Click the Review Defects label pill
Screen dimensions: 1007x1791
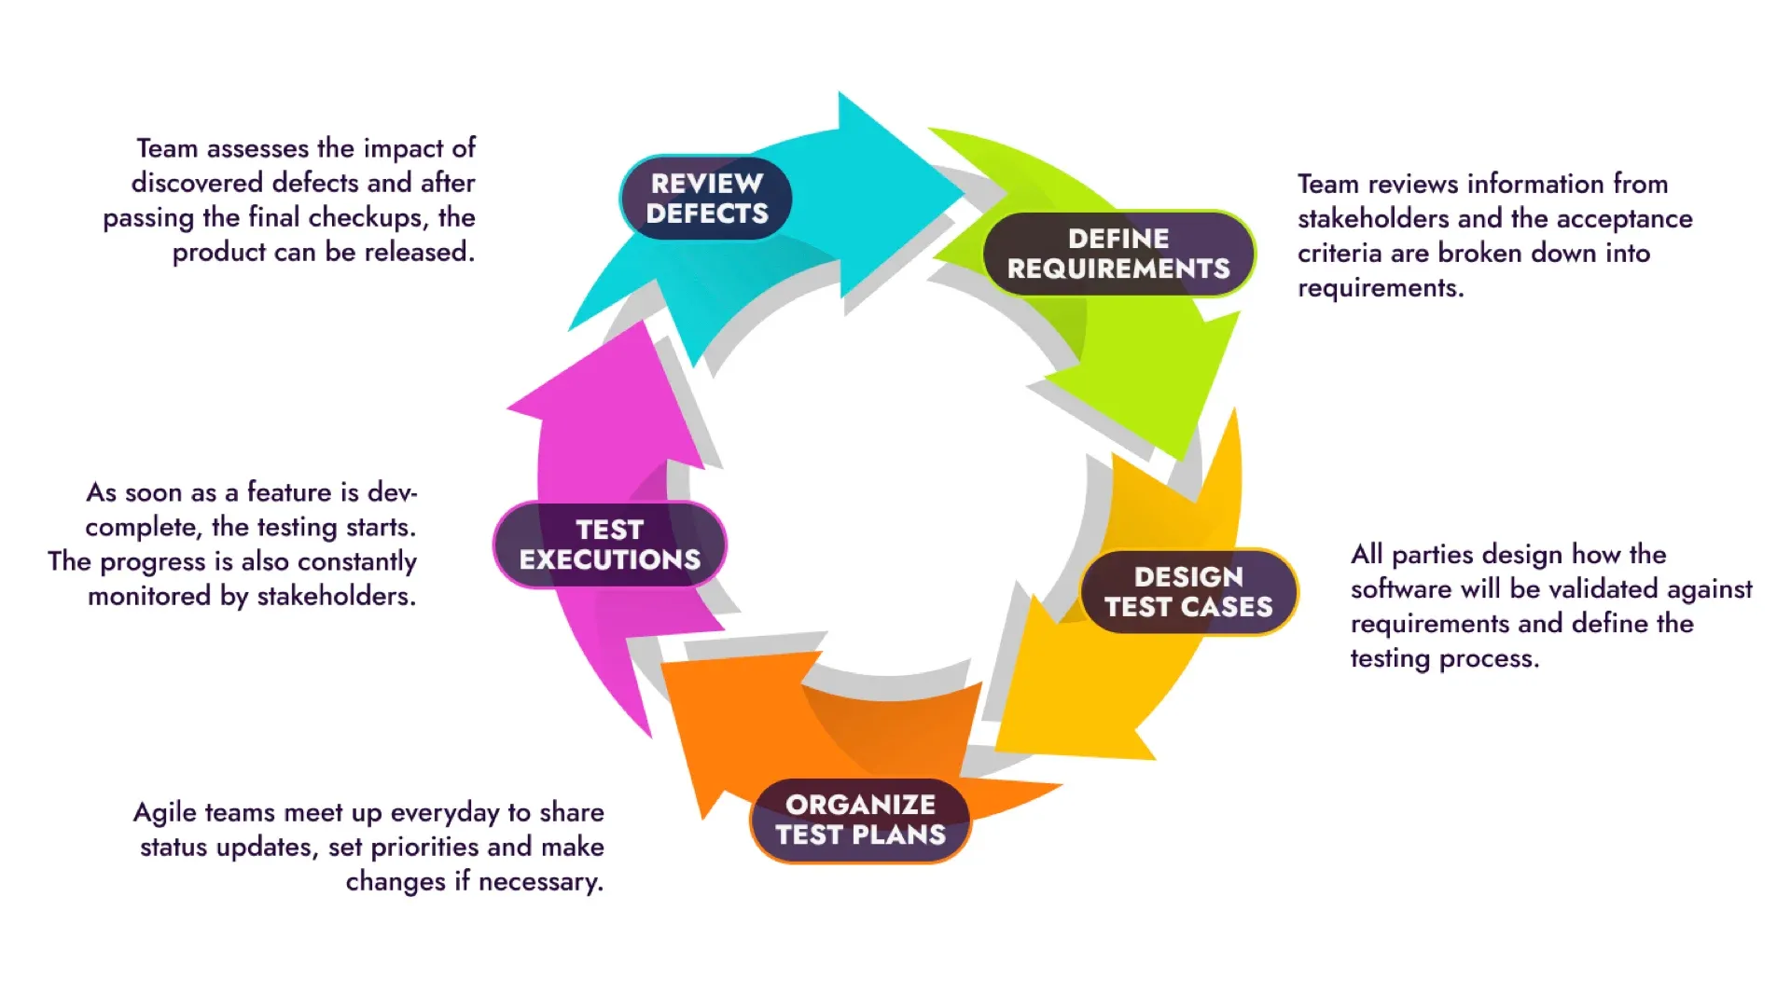pyautogui.click(x=706, y=198)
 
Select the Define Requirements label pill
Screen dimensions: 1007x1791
pyautogui.click(x=1118, y=254)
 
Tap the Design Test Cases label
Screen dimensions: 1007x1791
pyautogui.click(x=1188, y=592)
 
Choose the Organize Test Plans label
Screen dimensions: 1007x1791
pyautogui.click(x=860, y=820)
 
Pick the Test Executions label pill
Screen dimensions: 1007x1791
pyautogui.click(x=609, y=545)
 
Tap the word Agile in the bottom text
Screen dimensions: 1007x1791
pyautogui.click(x=165, y=812)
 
